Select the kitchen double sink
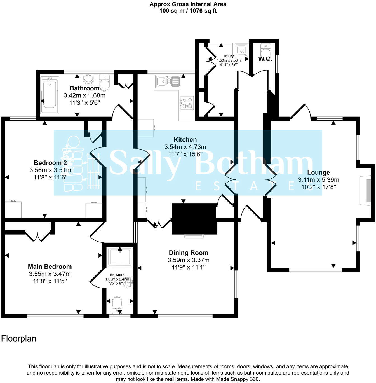coord(168,81)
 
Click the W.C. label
coord(265,59)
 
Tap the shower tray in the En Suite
coord(120,257)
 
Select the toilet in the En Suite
coord(117,305)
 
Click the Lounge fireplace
coord(366,188)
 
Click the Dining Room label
coord(188,253)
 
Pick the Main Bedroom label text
coord(50,267)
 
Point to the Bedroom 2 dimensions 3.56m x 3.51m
coord(50,170)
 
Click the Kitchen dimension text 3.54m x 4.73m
coord(185,147)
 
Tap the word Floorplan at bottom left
coord(19,338)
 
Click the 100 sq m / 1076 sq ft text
coord(188,11)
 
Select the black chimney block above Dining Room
coord(194,219)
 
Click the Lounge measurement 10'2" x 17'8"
coord(318,187)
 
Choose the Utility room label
coord(229,56)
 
